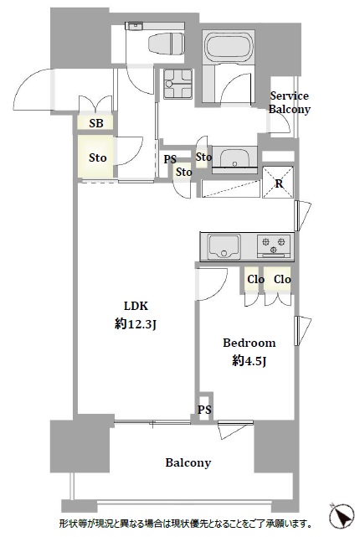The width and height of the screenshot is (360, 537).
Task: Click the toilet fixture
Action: click(x=167, y=44)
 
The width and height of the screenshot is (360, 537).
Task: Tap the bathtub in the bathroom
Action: click(x=229, y=48)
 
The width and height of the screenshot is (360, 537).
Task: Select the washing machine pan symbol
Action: click(x=177, y=84)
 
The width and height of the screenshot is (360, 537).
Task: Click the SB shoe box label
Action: click(x=96, y=123)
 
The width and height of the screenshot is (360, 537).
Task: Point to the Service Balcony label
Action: click(x=289, y=102)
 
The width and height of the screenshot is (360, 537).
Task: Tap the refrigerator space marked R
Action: click(x=279, y=183)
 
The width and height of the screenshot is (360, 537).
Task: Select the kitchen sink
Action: click(x=224, y=247)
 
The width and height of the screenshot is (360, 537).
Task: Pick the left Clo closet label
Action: click(x=255, y=280)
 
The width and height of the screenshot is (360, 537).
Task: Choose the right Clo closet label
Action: click(x=282, y=280)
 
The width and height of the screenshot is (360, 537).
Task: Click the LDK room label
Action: click(x=136, y=306)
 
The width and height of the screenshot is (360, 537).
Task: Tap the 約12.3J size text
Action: click(x=136, y=323)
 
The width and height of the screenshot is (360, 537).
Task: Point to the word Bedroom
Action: click(x=249, y=343)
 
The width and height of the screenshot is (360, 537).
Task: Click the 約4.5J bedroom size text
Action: click(x=249, y=360)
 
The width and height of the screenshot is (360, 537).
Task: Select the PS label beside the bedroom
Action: click(x=204, y=410)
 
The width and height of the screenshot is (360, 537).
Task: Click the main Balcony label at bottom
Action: click(x=188, y=462)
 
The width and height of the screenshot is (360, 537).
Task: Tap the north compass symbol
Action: click(x=342, y=516)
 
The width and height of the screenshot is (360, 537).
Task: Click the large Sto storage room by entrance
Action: click(x=97, y=157)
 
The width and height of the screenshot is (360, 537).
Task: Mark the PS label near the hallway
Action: click(x=170, y=159)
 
